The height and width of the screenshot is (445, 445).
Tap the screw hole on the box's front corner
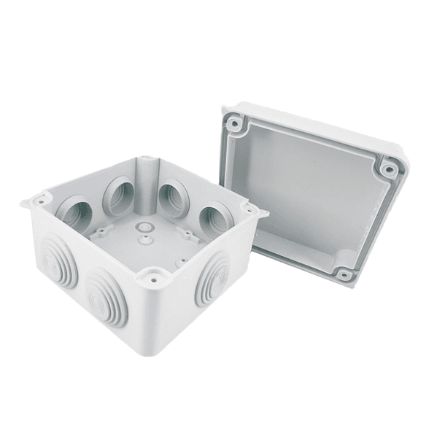coord(153,276)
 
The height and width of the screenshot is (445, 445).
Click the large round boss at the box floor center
coord(144,228)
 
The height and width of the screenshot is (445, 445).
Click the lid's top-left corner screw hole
coord(234,124)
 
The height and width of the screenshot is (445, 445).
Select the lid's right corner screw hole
coord(389,169)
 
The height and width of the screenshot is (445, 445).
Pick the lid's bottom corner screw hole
coord(344,274)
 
